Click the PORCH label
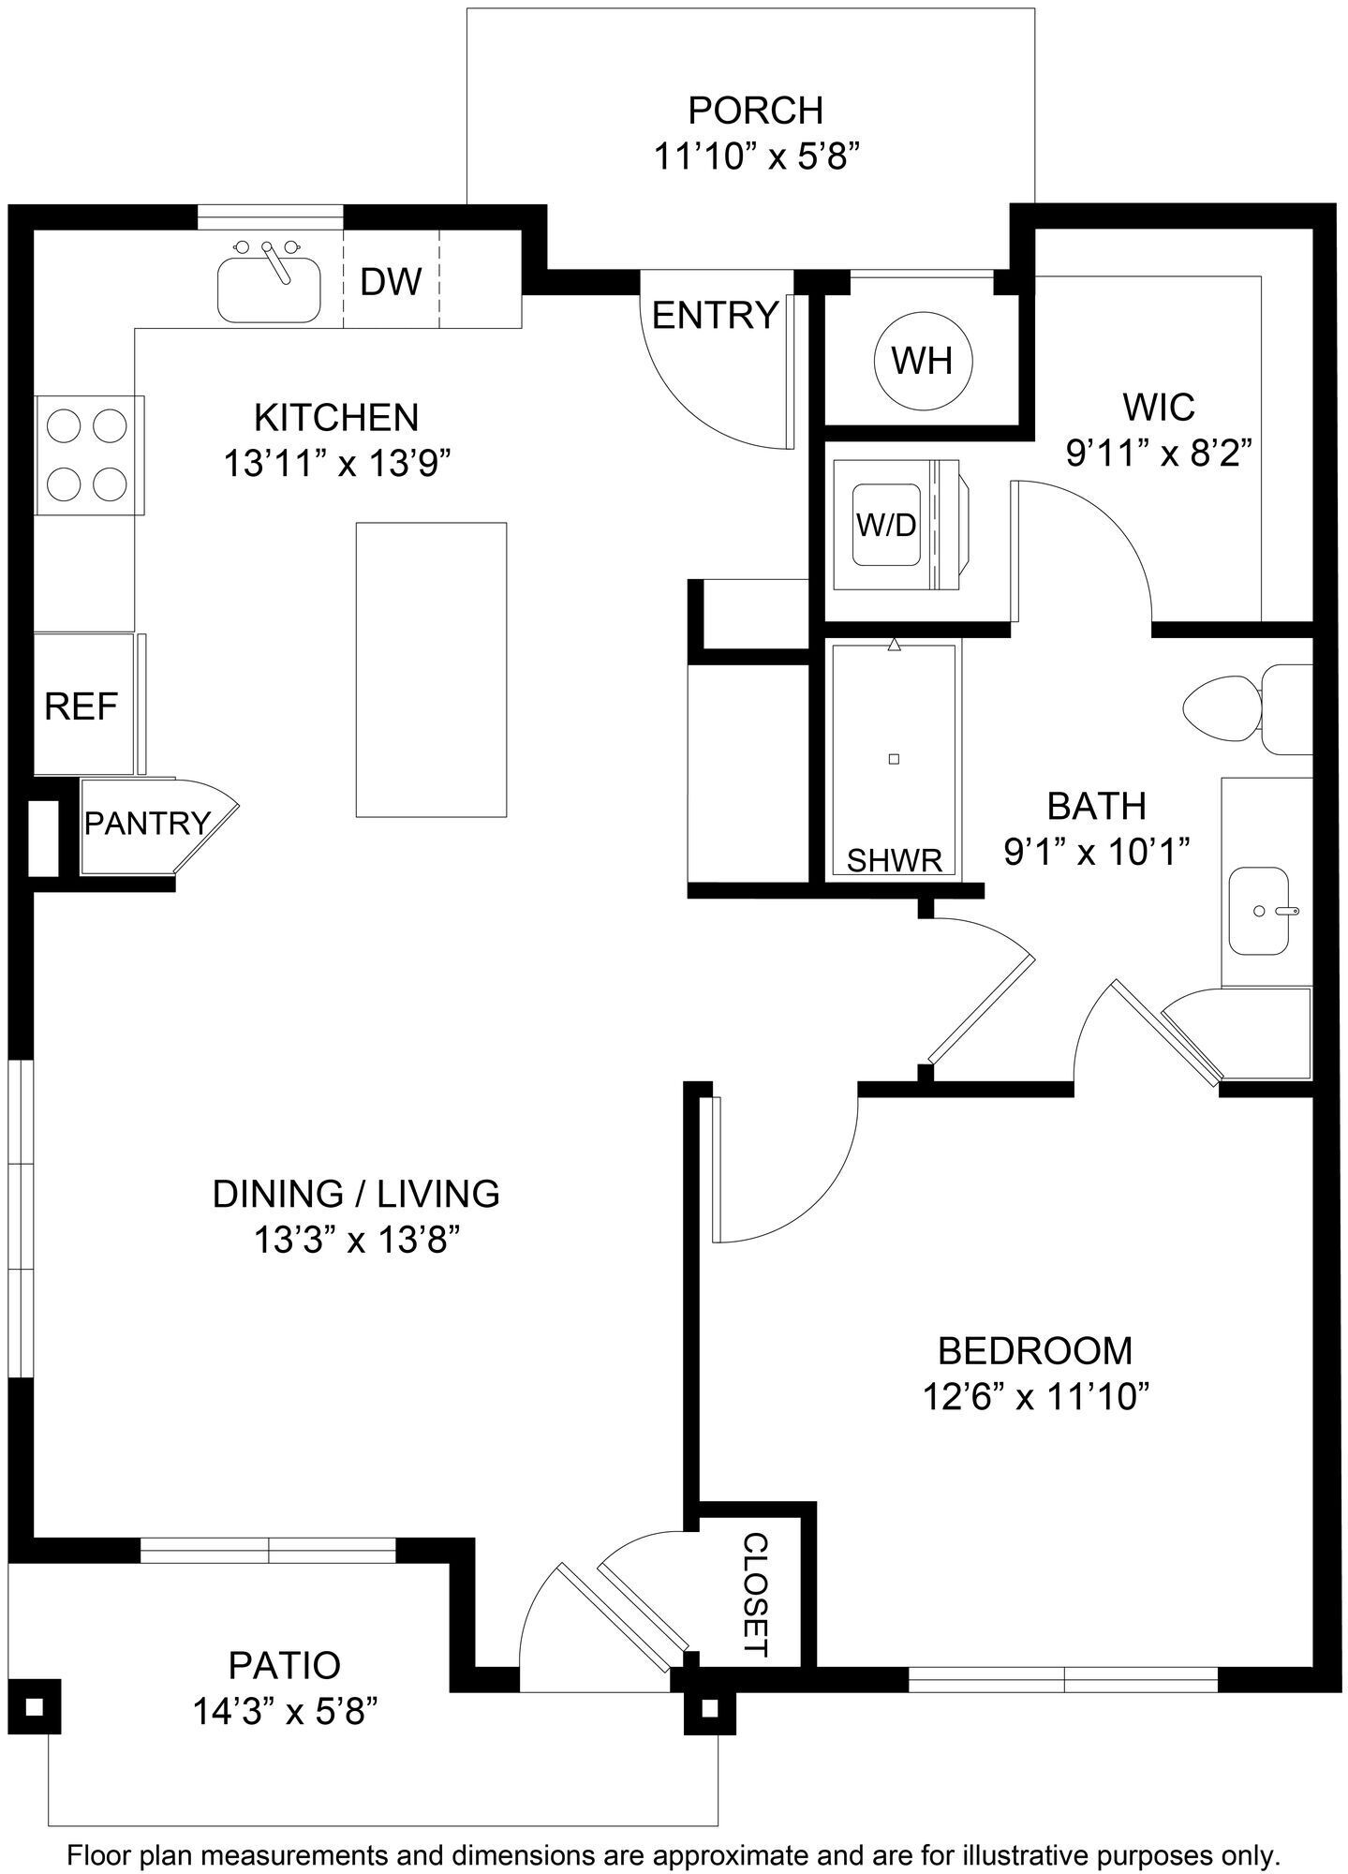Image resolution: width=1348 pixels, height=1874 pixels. coord(755,111)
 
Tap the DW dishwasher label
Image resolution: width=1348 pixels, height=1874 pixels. coord(392,281)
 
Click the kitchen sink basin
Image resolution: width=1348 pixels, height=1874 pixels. coord(269,291)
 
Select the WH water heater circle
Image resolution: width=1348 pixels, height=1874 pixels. coord(923,361)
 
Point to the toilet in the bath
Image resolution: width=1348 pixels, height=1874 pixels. coord(1227,709)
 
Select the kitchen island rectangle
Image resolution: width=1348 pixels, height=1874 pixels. coord(431,669)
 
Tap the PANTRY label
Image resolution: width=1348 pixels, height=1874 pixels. coord(147,824)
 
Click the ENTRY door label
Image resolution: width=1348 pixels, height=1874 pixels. coord(715,316)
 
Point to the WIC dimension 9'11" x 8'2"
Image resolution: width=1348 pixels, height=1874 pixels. coord(1159,454)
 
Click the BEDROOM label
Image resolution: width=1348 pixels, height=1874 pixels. coord(1035,1350)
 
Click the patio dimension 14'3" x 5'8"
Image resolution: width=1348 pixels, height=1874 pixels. coord(285,1712)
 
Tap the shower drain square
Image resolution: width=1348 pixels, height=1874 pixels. coord(894,759)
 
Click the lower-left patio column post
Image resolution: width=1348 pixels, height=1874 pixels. coord(35,1707)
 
